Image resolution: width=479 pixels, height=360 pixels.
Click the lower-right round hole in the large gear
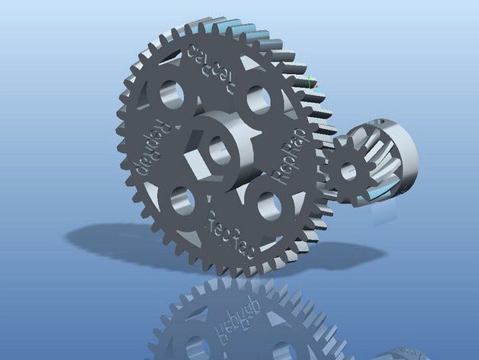tap(268, 204)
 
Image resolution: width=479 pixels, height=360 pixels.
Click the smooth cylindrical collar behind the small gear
tap(405, 153)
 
